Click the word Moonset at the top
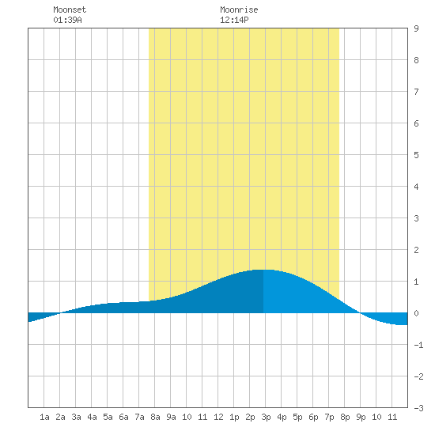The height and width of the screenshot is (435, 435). (70, 9)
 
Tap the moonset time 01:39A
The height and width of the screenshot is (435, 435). (67, 20)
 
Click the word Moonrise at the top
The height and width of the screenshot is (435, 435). (239, 9)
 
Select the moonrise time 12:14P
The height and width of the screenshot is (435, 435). (234, 20)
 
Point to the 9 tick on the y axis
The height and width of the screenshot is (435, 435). (416, 28)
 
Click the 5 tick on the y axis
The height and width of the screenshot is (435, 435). (416, 155)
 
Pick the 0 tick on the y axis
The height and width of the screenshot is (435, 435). (416, 313)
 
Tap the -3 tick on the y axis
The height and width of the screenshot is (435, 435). (418, 408)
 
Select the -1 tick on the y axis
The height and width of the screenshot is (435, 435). (418, 345)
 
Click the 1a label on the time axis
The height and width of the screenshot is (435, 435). (44, 417)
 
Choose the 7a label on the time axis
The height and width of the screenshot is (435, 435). (139, 417)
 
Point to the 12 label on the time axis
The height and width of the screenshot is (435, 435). (218, 417)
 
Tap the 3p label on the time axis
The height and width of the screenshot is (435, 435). (266, 417)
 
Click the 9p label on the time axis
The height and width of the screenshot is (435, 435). (361, 417)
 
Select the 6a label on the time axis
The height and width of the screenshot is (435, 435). (123, 417)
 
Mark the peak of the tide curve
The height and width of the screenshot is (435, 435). (263, 270)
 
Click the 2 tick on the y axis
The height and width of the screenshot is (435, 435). (416, 250)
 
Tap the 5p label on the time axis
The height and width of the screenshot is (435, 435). (297, 417)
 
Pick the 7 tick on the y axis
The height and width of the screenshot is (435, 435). (416, 92)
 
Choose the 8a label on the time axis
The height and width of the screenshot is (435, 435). (155, 417)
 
